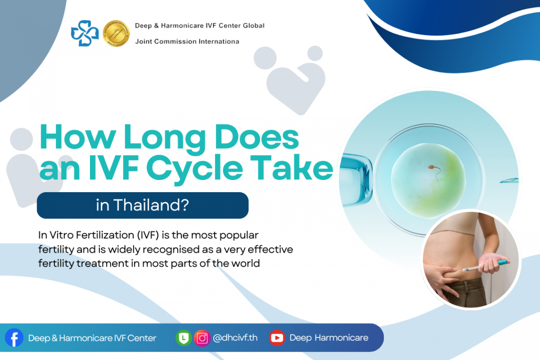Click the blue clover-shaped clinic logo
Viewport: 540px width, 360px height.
(x=85, y=33)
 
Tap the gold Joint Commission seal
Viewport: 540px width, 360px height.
(x=116, y=33)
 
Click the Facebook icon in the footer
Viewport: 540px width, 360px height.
(x=14, y=337)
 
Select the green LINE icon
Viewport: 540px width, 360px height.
(x=183, y=338)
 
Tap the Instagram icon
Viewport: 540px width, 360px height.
(x=202, y=338)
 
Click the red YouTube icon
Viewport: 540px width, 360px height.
(x=277, y=338)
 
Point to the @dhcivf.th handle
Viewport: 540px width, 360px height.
(x=235, y=338)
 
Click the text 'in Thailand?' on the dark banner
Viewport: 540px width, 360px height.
(x=142, y=206)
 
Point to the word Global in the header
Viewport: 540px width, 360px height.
(x=253, y=25)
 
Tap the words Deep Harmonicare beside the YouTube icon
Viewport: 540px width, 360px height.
(x=329, y=338)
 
